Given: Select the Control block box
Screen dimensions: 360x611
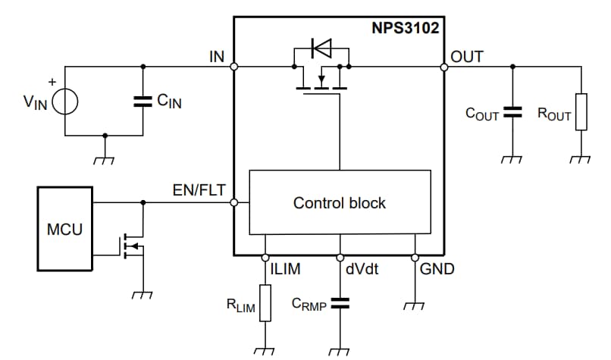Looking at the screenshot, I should coord(339,202).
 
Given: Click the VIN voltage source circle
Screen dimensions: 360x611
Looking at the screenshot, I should coord(64,102).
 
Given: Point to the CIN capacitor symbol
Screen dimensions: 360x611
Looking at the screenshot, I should coord(142,102).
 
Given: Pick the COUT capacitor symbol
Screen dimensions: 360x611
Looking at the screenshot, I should coord(513,113).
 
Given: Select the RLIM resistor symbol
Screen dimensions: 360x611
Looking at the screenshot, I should coord(265,302).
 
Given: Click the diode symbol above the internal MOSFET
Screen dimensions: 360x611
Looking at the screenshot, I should coord(321,50).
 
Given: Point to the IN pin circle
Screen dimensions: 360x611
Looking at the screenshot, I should coord(234,67).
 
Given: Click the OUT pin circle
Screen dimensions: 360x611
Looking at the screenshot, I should coord(443,67).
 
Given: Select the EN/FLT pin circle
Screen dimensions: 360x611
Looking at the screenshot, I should coord(234,202).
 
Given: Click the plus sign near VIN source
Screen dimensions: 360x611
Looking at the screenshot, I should coord(52,80).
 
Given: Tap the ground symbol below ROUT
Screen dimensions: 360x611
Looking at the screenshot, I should coord(581,159).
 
